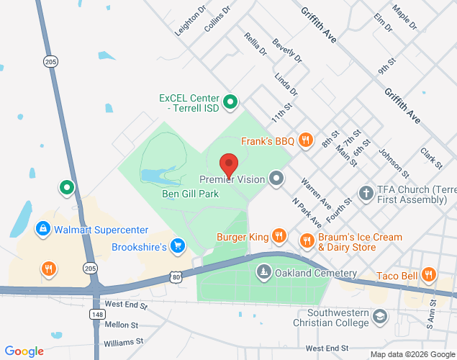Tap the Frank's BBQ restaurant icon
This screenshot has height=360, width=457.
pyautogui.click(x=306, y=140)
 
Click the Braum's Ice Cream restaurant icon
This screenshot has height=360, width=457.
pyautogui.click(x=307, y=240)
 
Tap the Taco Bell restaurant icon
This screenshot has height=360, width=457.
pyautogui.click(x=429, y=274)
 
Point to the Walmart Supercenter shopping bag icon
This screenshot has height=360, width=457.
pyautogui.click(x=43, y=230)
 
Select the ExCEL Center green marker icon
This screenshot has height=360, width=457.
pyautogui.click(x=230, y=102)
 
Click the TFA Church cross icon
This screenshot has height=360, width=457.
pyautogui.click(x=366, y=193)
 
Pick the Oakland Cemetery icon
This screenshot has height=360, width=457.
pyautogui.click(x=264, y=272)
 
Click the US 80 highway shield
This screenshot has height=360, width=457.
pyautogui.click(x=176, y=276)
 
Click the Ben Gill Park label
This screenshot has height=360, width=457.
pyautogui.click(x=190, y=192)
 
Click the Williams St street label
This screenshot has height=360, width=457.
pyautogui.click(x=124, y=342)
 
